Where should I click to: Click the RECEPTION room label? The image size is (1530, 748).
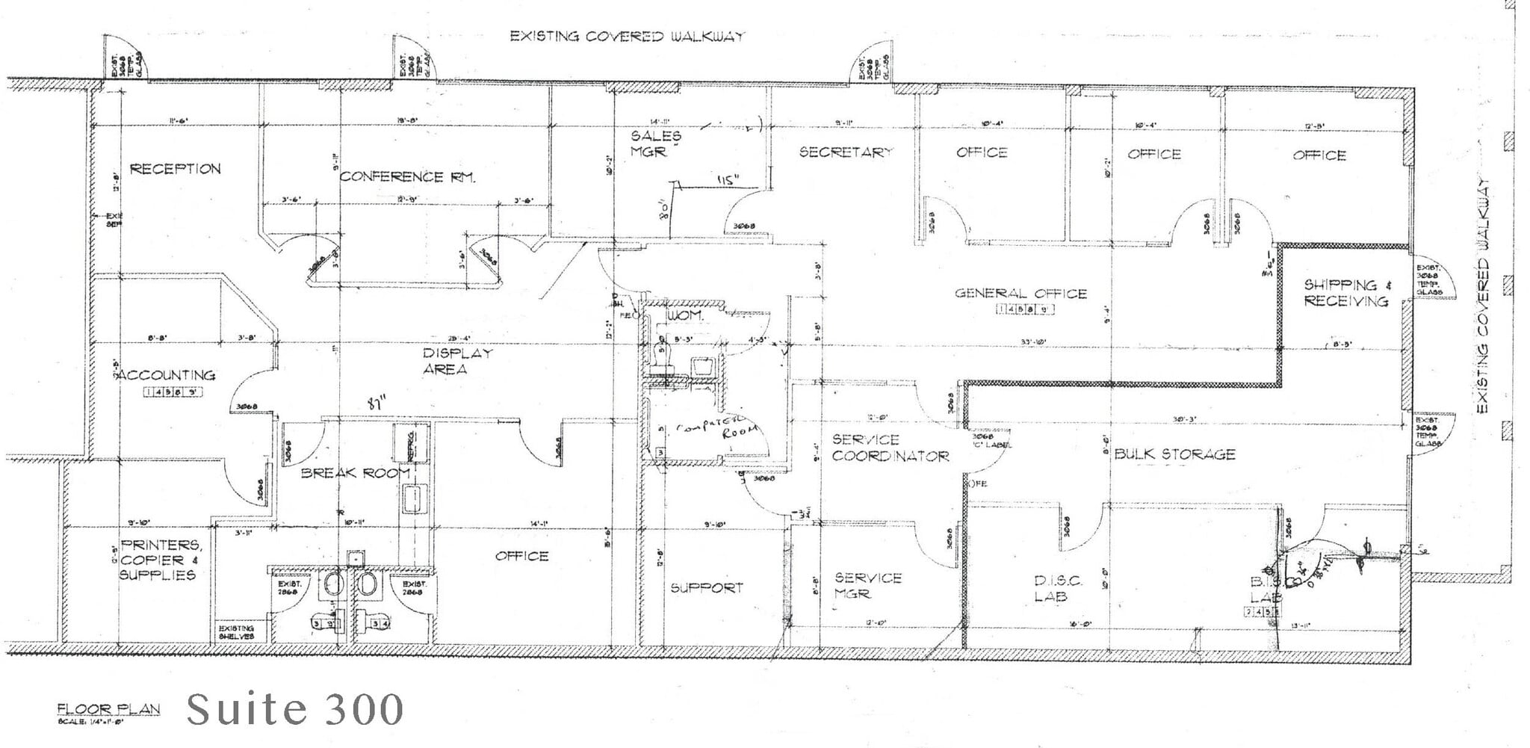pos(176,169)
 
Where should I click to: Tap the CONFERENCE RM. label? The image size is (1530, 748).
pos(407,177)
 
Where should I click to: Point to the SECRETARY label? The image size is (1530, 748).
pos(846,152)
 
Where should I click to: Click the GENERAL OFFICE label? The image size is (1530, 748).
pos(1020,294)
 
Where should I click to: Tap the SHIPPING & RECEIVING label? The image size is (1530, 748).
pos(1346,293)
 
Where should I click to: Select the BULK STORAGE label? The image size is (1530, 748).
pos(1174,454)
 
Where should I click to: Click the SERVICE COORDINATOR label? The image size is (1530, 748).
pos(890,448)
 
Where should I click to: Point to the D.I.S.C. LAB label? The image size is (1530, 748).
pos(1053,588)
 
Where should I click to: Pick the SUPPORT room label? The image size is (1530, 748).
pos(706,588)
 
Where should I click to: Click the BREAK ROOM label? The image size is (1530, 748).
pos(355,473)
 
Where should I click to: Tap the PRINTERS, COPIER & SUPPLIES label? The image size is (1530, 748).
pos(160,560)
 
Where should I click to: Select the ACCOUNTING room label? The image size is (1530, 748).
pos(165,375)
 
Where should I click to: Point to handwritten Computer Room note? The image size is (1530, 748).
pos(717,431)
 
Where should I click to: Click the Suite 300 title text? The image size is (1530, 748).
pos(294,709)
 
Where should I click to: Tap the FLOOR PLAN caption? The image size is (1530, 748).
pos(108,709)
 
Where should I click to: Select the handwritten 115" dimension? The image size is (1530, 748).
pos(726,180)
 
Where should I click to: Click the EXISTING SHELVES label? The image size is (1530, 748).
pos(236,632)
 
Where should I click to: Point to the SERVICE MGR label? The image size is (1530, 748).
pos(867,585)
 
